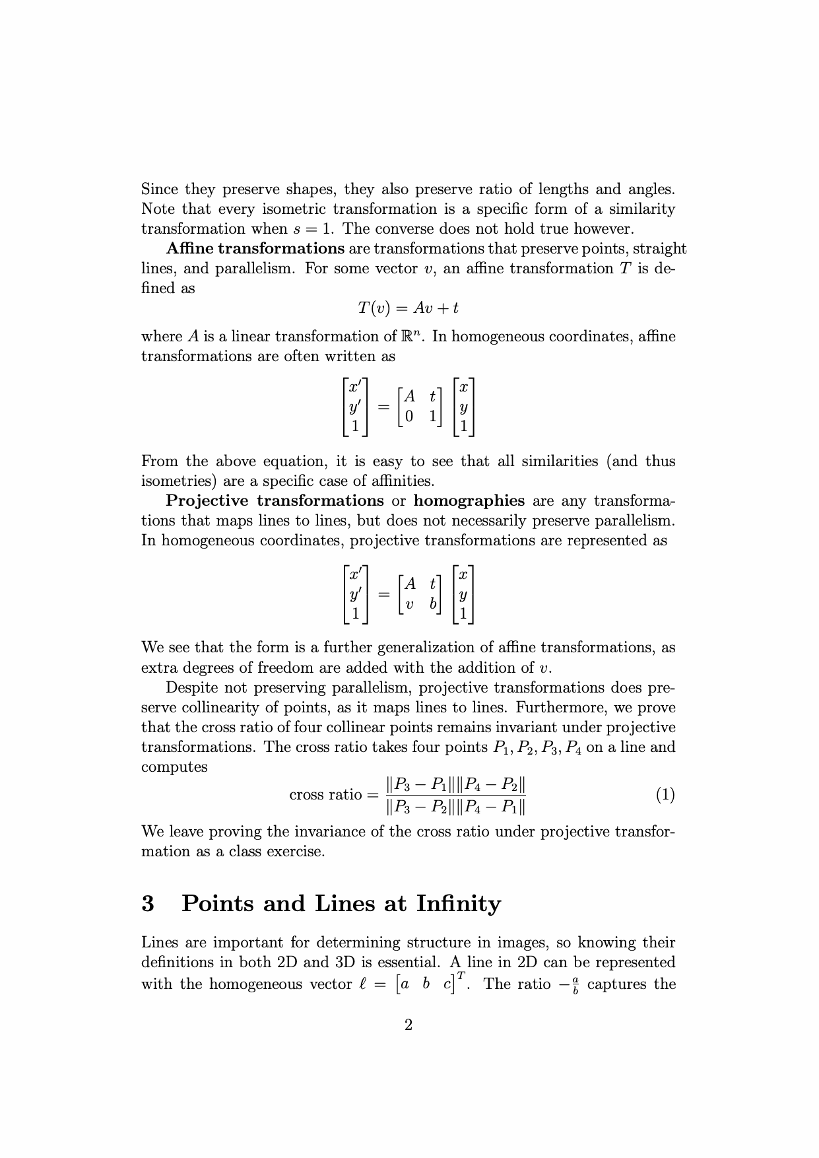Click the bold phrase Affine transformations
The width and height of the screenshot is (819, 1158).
[255, 249]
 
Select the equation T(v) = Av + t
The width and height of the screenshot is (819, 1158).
[408, 308]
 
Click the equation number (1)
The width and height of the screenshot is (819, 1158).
[665, 795]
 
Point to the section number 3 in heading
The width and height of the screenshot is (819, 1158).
[148, 903]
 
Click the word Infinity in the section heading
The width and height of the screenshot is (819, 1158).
[459, 903]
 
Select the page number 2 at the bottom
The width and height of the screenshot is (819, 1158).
[409, 1025]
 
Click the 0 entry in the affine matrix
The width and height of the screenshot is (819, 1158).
[409, 417]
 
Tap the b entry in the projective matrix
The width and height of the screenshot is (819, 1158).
[433, 603]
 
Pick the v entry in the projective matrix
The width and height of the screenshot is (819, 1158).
[409, 603]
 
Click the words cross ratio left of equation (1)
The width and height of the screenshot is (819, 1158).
[325, 795]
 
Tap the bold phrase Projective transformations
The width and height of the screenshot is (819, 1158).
[275, 501]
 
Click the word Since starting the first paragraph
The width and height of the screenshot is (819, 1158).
[160, 189]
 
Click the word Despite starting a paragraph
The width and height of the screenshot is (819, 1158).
[191, 688]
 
